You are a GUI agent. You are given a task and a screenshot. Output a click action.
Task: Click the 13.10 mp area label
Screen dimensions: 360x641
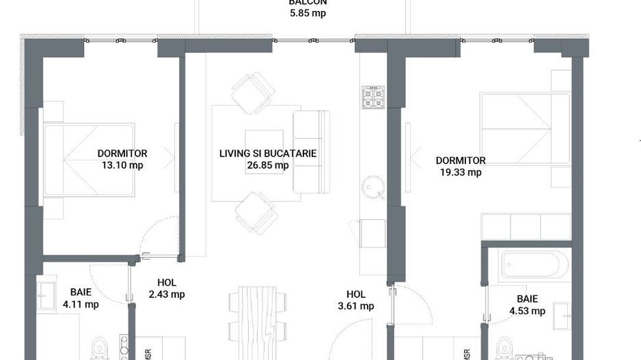pos(122,165)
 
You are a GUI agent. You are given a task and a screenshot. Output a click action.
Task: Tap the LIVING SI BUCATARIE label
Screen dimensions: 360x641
pos(268,154)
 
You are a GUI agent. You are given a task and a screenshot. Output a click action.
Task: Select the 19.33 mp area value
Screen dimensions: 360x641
pos(461,172)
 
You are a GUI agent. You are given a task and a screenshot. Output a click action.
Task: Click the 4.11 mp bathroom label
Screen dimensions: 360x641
pos(81,305)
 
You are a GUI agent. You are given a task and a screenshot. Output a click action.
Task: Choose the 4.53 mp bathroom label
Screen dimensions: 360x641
pos(527,311)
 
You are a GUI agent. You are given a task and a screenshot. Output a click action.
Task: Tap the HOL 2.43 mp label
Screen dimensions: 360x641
pos(167,294)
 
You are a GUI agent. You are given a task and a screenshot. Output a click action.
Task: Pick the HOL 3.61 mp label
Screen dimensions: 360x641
pos(356,306)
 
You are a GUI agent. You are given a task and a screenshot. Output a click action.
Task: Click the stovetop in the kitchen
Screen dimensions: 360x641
pos(373,98)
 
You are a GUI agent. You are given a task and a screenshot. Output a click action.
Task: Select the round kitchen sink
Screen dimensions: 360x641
pos(373,186)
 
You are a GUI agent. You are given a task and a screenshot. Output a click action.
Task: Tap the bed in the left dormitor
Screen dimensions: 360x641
pos(89,161)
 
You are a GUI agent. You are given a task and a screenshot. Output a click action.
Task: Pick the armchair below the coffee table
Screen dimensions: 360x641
pos(256,212)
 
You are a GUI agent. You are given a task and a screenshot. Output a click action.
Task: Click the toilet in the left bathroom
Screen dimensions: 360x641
pos(103,347)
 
